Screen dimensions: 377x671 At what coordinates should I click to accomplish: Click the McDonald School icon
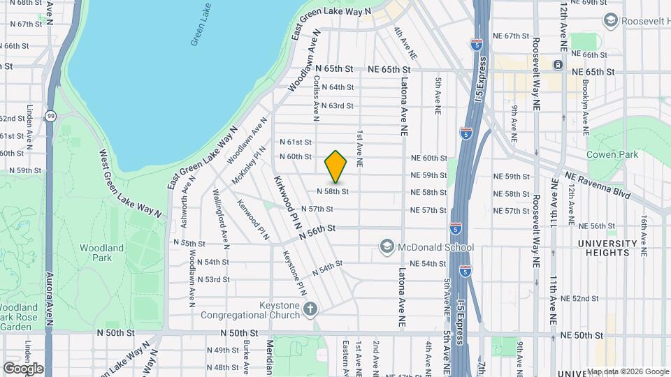click(387, 246)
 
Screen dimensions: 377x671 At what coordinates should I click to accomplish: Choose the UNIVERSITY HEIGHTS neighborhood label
click(608, 248)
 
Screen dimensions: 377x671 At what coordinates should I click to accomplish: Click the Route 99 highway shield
click(50, 116)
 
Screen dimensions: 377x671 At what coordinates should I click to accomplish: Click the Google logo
click(23, 368)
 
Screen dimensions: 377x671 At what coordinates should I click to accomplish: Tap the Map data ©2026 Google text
click(627, 371)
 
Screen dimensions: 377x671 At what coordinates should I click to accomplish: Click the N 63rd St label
click(338, 105)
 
